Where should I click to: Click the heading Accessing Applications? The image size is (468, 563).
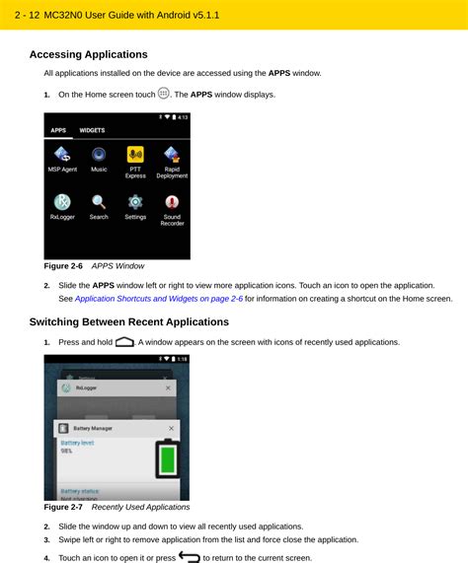point(88,55)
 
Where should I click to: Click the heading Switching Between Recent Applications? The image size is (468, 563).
point(128,322)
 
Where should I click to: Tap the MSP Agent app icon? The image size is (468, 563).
point(62,155)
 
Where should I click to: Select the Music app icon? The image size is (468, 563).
point(99,155)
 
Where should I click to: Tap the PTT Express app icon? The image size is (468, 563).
point(135,155)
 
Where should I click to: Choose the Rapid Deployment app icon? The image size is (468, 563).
point(172,155)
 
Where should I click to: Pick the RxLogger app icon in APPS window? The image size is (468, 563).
point(62,202)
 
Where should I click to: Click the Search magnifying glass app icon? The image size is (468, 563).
point(99,202)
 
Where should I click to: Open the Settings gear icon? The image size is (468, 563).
point(135,202)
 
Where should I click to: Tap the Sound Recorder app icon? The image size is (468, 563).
point(172,202)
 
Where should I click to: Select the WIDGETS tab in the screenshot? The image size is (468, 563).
point(93,129)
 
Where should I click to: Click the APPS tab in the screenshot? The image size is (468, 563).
point(58,129)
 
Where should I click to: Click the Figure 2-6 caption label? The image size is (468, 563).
point(63,266)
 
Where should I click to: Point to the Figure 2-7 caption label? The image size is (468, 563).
point(63,507)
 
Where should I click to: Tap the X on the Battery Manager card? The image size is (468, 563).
point(172,428)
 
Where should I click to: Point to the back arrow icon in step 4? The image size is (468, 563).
point(190,557)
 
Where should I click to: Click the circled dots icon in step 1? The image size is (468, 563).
point(164,94)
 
